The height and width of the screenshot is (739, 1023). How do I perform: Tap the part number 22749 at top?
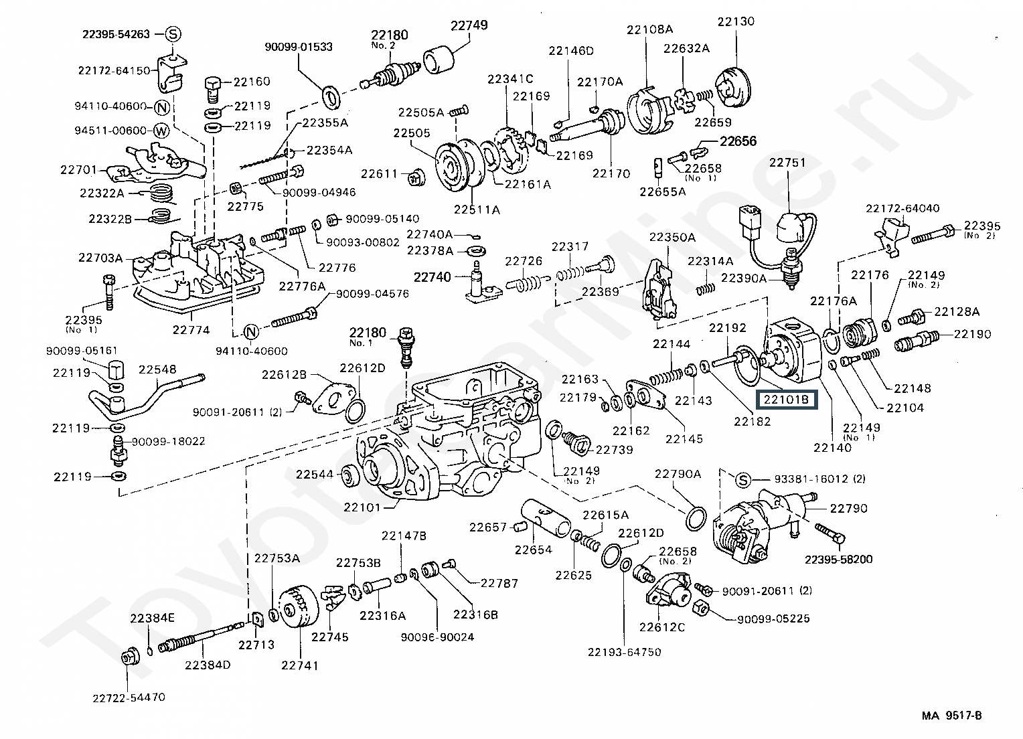[469, 25]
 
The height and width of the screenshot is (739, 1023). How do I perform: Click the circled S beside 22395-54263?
[172, 33]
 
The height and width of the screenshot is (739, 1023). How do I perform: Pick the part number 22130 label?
[736, 21]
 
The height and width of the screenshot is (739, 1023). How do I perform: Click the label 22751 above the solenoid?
[787, 163]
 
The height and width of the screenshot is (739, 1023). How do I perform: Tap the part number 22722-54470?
[128, 697]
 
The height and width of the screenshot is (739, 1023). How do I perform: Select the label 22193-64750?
[624, 652]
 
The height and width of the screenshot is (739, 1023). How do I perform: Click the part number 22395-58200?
[838, 560]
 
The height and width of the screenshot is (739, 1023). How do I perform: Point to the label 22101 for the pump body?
[362, 507]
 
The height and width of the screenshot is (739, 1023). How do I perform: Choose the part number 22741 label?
[299, 665]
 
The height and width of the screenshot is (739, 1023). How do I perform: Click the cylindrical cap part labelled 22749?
[439, 60]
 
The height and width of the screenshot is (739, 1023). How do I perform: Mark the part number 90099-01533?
[298, 47]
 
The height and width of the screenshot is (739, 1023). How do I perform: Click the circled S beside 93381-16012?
[742, 479]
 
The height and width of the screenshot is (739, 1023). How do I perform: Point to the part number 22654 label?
[533, 550]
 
